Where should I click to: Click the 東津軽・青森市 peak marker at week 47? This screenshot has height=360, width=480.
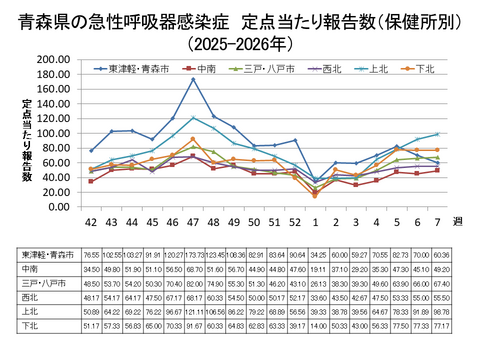[x=193, y=80]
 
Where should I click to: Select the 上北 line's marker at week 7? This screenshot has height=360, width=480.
[x=437, y=134]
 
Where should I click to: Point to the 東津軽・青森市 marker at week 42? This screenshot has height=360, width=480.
[x=91, y=151]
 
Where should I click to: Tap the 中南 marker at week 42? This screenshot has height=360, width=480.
[x=91, y=181]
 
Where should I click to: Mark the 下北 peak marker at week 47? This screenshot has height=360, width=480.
[x=193, y=139]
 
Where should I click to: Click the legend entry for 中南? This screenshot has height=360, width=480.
[x=210, y=69]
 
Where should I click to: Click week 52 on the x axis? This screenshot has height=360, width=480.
[x=295, y=222]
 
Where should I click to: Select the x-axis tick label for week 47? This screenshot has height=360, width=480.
[x=193, y=222]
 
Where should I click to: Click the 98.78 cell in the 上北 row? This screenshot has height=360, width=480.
[x=441, y=310]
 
